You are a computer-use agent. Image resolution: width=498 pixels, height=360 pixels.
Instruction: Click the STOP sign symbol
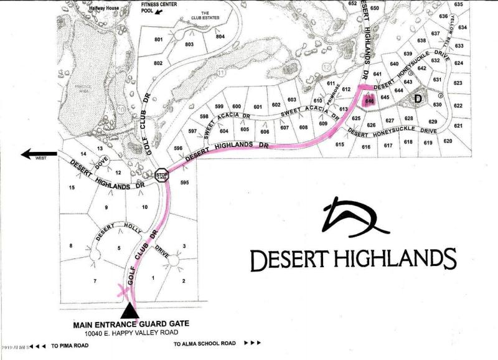[x=162, y=175]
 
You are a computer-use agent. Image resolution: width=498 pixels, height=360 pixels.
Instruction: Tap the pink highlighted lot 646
[x=369, y=100]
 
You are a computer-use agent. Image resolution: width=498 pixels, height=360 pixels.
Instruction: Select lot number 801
[x=158, y=39]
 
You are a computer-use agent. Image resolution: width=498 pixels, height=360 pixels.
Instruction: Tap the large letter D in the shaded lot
[x=418, y=98]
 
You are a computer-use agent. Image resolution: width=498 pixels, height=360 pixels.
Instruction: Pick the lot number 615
[x=339, y=144]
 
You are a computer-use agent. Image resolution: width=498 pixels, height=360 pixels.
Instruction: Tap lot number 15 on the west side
[x=72, y=187]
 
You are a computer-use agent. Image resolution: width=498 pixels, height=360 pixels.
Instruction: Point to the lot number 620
[x=447, y=141]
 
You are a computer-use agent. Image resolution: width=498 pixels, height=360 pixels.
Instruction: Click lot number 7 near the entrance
[x=95, y=282]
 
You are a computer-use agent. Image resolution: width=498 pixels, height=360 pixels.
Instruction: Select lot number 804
[x=220, y=37]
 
